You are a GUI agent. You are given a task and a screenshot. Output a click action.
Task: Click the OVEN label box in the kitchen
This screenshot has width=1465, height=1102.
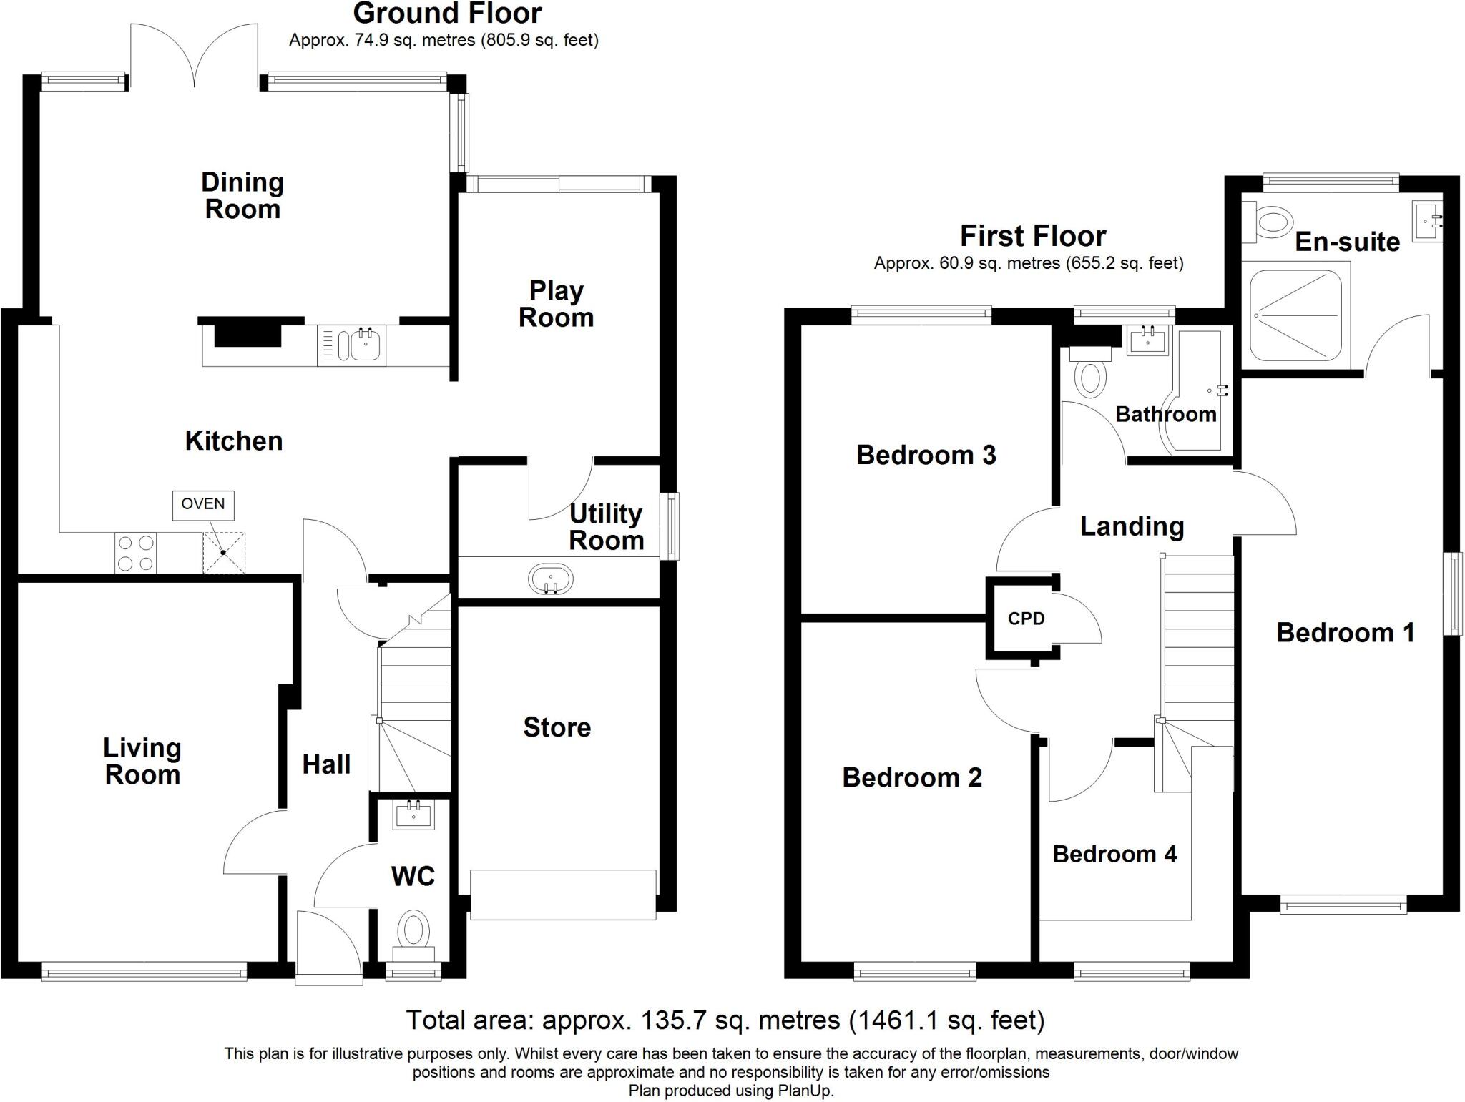coord(203,504)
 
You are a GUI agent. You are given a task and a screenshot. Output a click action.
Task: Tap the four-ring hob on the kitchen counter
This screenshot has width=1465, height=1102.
coord(136,553)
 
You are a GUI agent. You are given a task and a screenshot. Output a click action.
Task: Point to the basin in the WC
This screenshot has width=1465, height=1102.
coord(413,815)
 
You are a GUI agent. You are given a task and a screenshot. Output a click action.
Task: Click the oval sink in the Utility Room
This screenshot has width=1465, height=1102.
coord(550,579)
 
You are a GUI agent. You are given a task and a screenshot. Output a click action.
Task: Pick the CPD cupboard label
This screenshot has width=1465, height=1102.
coord(1026,619)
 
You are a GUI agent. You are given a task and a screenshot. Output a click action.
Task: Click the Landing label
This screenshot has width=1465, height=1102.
coord(1132,526)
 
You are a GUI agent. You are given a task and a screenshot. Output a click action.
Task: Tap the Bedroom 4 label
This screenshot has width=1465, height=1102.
coord(1114,854)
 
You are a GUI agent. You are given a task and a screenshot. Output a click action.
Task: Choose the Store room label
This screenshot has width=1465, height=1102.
coord(557,727)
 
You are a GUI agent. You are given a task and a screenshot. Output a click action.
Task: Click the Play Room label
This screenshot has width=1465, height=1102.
coord(556,304)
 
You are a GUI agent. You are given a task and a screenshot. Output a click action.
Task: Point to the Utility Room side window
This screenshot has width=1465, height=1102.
coord(670,526)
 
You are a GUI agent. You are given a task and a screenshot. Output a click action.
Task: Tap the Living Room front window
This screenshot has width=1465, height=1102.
coord(144,971)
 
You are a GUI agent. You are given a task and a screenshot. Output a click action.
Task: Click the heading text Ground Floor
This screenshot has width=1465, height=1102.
coord(447,14)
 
